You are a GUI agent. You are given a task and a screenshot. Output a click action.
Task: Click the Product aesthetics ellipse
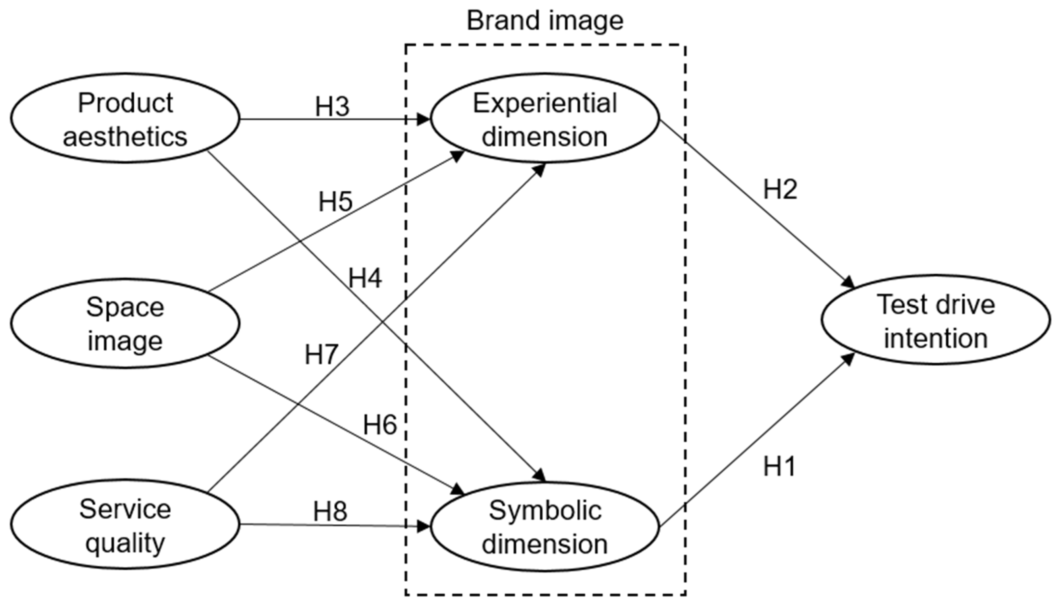(125, 119)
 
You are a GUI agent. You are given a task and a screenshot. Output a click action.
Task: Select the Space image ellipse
(125, 323)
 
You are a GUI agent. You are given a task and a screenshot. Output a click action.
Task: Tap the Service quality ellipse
(125, 524)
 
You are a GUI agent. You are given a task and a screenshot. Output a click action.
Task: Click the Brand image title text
(545, 21)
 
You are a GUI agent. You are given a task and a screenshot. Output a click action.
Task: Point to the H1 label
(779, 466)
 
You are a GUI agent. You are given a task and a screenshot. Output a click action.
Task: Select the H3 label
(332, 107)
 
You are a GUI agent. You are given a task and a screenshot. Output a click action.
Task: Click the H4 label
(365, 278)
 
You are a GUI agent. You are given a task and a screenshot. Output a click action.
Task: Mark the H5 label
(335, 202)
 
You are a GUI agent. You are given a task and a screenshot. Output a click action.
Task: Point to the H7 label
(321, 355)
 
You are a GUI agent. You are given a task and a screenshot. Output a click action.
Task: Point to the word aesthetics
(125, 136)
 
